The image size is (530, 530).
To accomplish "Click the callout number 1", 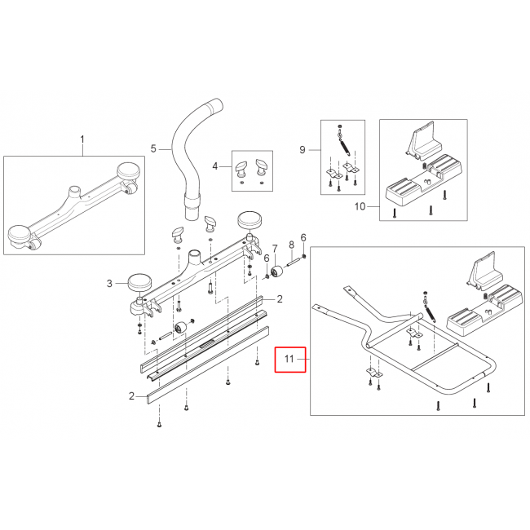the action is click(82, 139).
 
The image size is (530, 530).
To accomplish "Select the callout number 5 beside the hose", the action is click(153, 148).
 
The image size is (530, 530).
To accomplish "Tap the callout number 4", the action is click(215, 166).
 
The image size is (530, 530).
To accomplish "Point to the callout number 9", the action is click(303, 149).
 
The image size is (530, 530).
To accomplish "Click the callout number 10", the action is click(360, 206).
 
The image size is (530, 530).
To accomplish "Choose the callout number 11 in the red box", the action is click(289, 359).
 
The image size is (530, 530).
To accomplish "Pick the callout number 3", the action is click(109, 283).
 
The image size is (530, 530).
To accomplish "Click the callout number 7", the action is click(275, 250).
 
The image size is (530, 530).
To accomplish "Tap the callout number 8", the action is click(291, 245).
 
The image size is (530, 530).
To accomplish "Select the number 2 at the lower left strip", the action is click(131, 395).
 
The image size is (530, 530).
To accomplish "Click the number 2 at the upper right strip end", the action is click(280, 298).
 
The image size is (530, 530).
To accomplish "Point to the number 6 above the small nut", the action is click(303, 237).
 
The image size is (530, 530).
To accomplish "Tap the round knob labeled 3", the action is click(139, 282).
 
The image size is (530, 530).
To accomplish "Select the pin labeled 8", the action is click(294, 262).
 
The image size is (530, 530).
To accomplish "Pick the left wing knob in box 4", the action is click(241, 168).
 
